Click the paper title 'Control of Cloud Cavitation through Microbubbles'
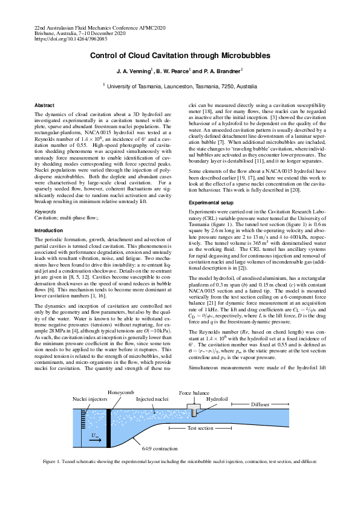[180, 55]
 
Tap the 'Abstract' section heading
[44, 105]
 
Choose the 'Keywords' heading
[45, 212]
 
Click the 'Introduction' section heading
[49, 230]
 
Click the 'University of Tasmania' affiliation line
[182, 86]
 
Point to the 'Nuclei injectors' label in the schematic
[89, 400]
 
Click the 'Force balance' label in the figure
[194, 392]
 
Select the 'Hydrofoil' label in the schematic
[217, 400]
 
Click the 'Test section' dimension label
[200, 427]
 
